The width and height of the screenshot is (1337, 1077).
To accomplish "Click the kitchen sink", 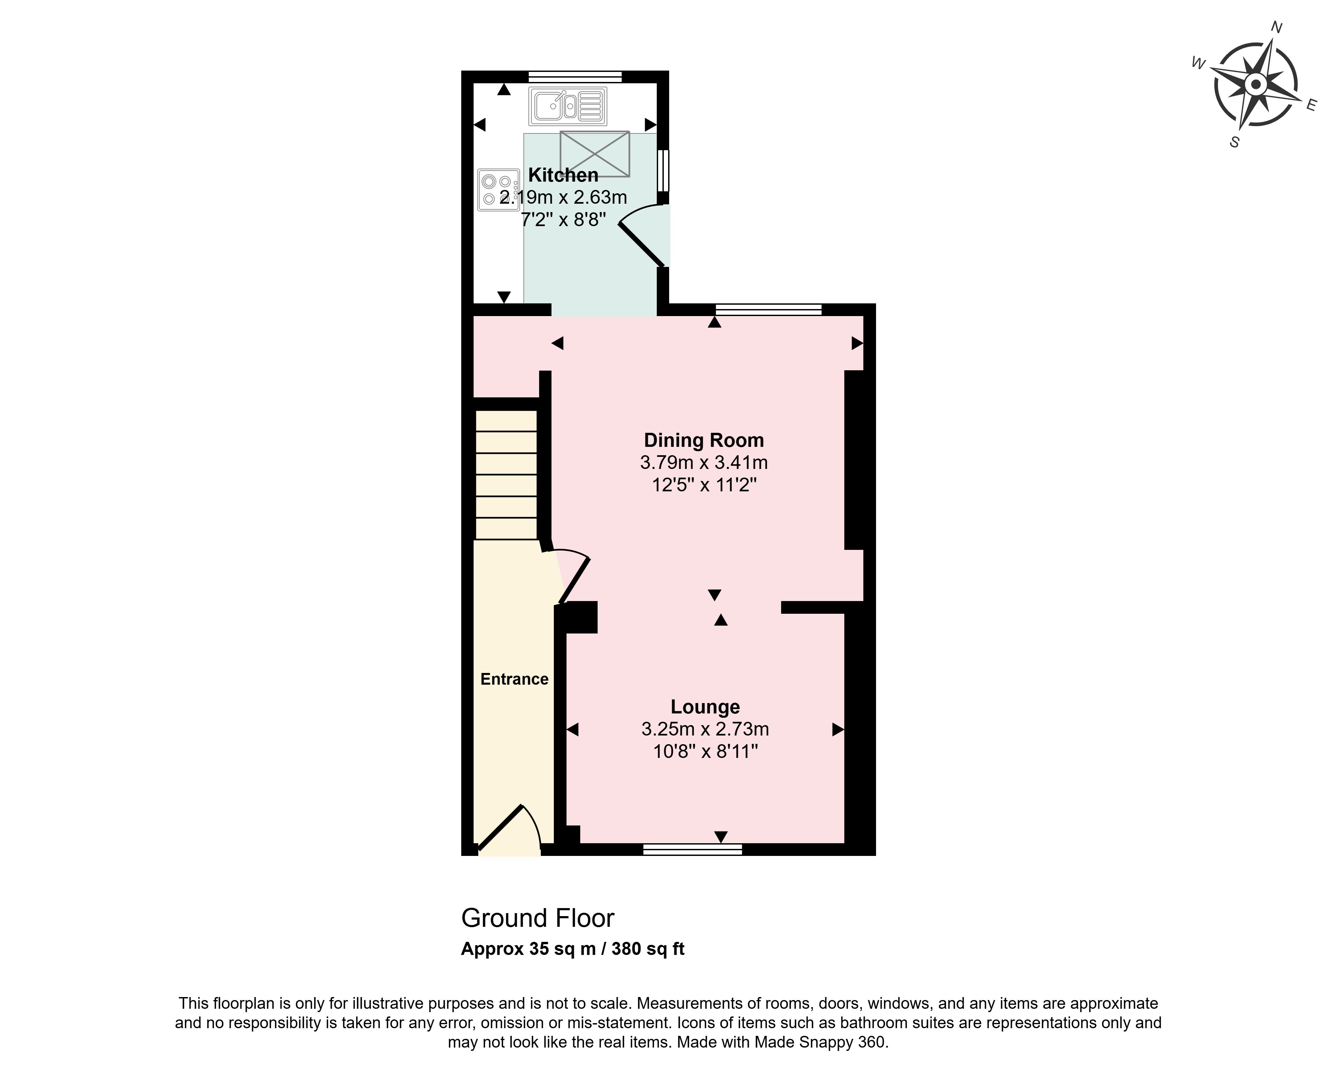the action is (568, 106).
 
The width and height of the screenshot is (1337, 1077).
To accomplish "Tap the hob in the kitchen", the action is (499, 190).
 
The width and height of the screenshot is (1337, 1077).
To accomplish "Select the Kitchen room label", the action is (563, 175).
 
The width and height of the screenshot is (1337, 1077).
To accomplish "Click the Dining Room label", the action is (704, 440).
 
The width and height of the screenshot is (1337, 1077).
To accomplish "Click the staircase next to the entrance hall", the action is (506, 475).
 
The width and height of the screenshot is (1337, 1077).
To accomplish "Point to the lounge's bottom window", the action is (693, 849).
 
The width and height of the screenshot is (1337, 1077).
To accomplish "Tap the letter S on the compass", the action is (1235, 142).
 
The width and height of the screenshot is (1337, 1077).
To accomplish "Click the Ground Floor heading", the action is (538, 918).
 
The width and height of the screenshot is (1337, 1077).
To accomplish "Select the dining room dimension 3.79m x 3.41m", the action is (704, 462).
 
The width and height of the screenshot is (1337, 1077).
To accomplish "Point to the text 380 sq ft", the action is (648, 949).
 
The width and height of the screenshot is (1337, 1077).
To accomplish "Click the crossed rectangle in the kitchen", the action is (595, 153).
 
